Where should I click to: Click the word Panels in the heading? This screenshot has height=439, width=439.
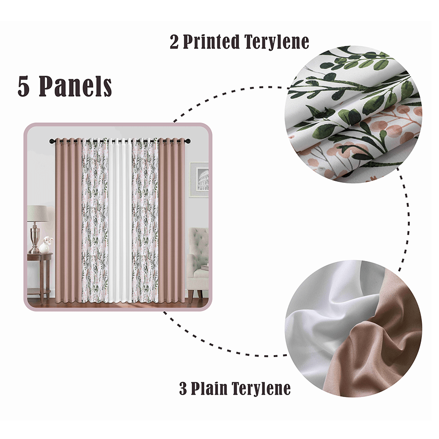[76, 86]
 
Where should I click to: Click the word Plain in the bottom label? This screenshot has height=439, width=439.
[210, 389]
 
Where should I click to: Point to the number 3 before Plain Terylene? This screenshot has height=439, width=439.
[183, 389]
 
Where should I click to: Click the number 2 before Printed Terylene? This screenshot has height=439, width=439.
[175, 42]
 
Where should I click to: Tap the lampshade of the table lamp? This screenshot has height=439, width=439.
[37, 214]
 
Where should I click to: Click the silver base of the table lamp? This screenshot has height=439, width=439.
[35, 239]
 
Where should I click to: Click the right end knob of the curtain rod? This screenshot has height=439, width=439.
[188, 141]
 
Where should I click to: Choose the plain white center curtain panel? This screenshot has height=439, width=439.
[120, 219]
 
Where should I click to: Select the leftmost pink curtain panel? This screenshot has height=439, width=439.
[68, 219]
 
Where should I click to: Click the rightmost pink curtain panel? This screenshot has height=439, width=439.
[172, 219]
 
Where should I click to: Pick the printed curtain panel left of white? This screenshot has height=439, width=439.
[95, 219]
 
